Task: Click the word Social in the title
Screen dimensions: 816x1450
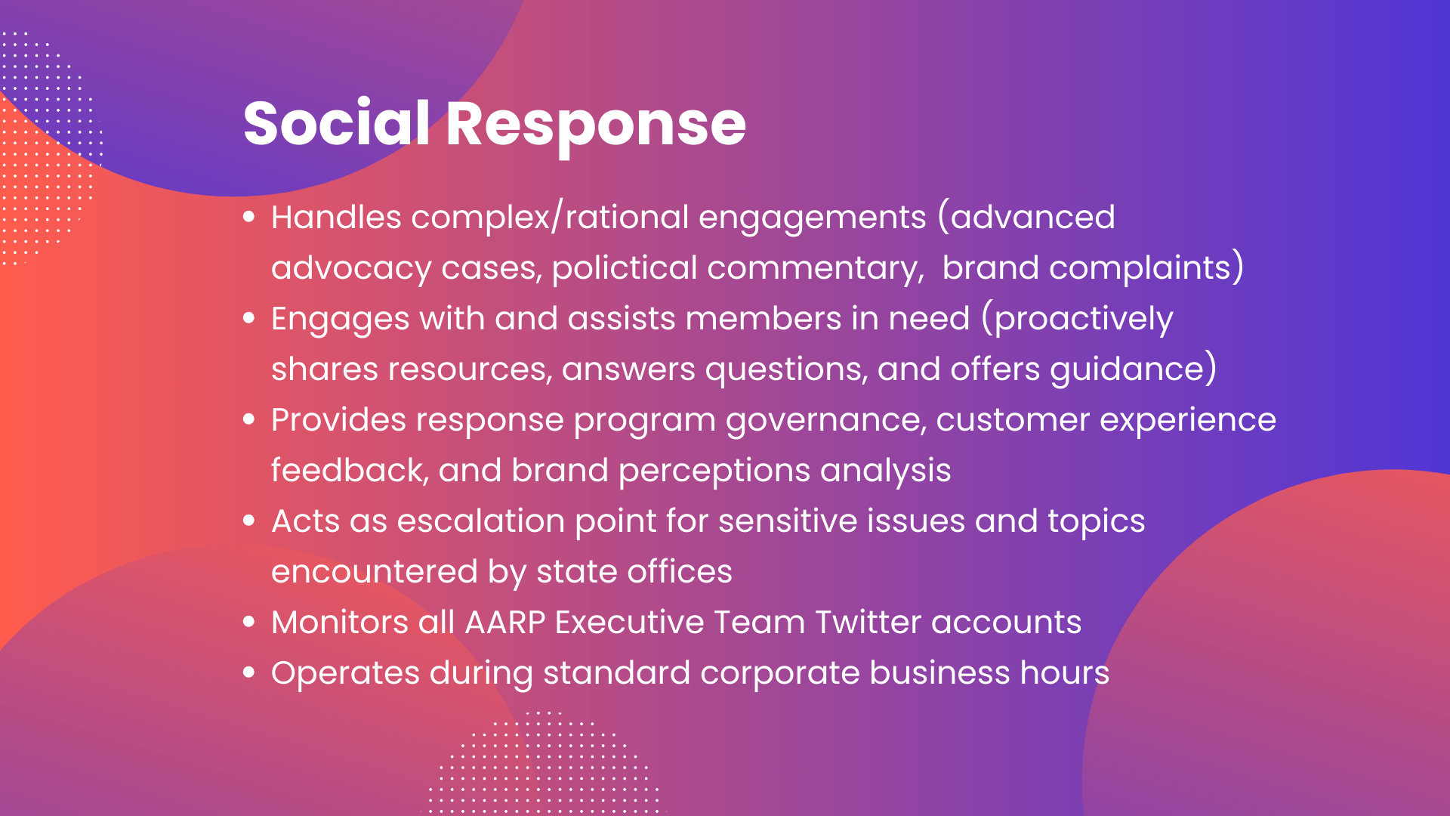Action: click(336, 123)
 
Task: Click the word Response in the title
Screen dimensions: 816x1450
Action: click(596, 125)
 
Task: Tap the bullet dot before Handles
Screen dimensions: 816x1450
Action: click(249, 218)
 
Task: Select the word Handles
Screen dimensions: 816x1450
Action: click(336, 218)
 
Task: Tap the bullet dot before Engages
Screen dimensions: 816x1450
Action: click(249, 319)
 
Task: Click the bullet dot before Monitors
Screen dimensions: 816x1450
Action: click(249, 623)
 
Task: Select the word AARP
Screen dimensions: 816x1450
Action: click(504, 623)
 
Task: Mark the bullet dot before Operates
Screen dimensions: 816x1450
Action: click(249, 673)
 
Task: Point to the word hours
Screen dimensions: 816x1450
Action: click(1064, 673)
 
